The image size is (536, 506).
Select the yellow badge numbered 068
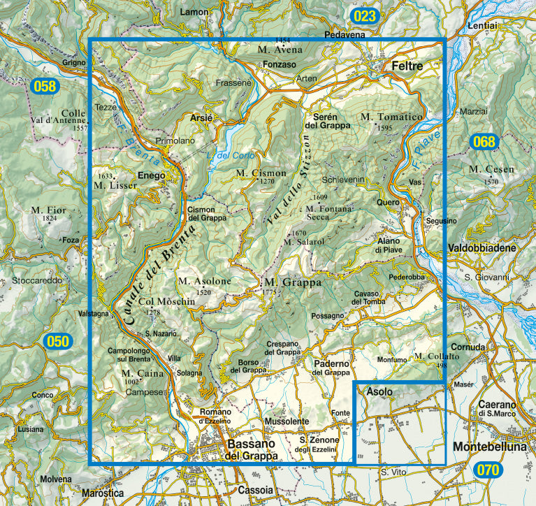click(x=483, y=142)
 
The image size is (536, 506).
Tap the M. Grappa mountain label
click(x=292, y=283)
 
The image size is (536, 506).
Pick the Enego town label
click(x=150, y=175)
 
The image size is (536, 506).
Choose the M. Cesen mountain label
click(x=491, y=169)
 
